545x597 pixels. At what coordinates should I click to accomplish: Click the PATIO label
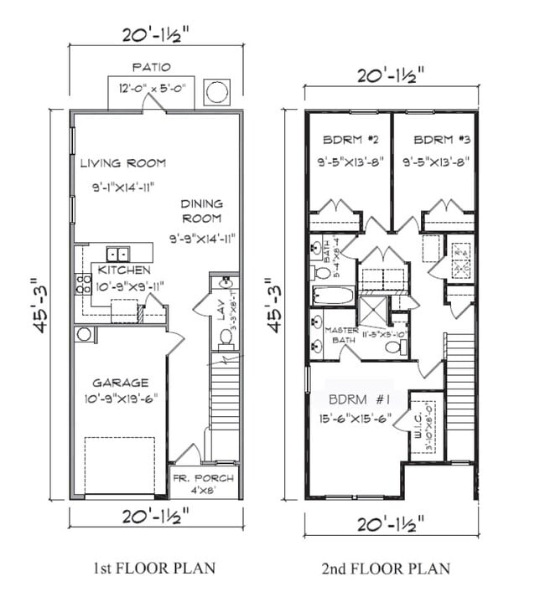[151, 66]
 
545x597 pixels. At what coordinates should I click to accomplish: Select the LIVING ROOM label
[123, 163]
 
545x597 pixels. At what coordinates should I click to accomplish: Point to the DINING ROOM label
[201, 210]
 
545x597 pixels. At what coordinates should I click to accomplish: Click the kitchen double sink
[117, 253]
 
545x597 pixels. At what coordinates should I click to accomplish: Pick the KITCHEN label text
[124, 270]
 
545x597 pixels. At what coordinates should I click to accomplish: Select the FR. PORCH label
[203, 478]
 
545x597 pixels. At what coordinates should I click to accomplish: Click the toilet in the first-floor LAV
[226, 337]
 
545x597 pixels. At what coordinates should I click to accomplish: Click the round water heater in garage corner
[83, 335]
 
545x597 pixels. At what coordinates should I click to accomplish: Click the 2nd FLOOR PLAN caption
[386, 569]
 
